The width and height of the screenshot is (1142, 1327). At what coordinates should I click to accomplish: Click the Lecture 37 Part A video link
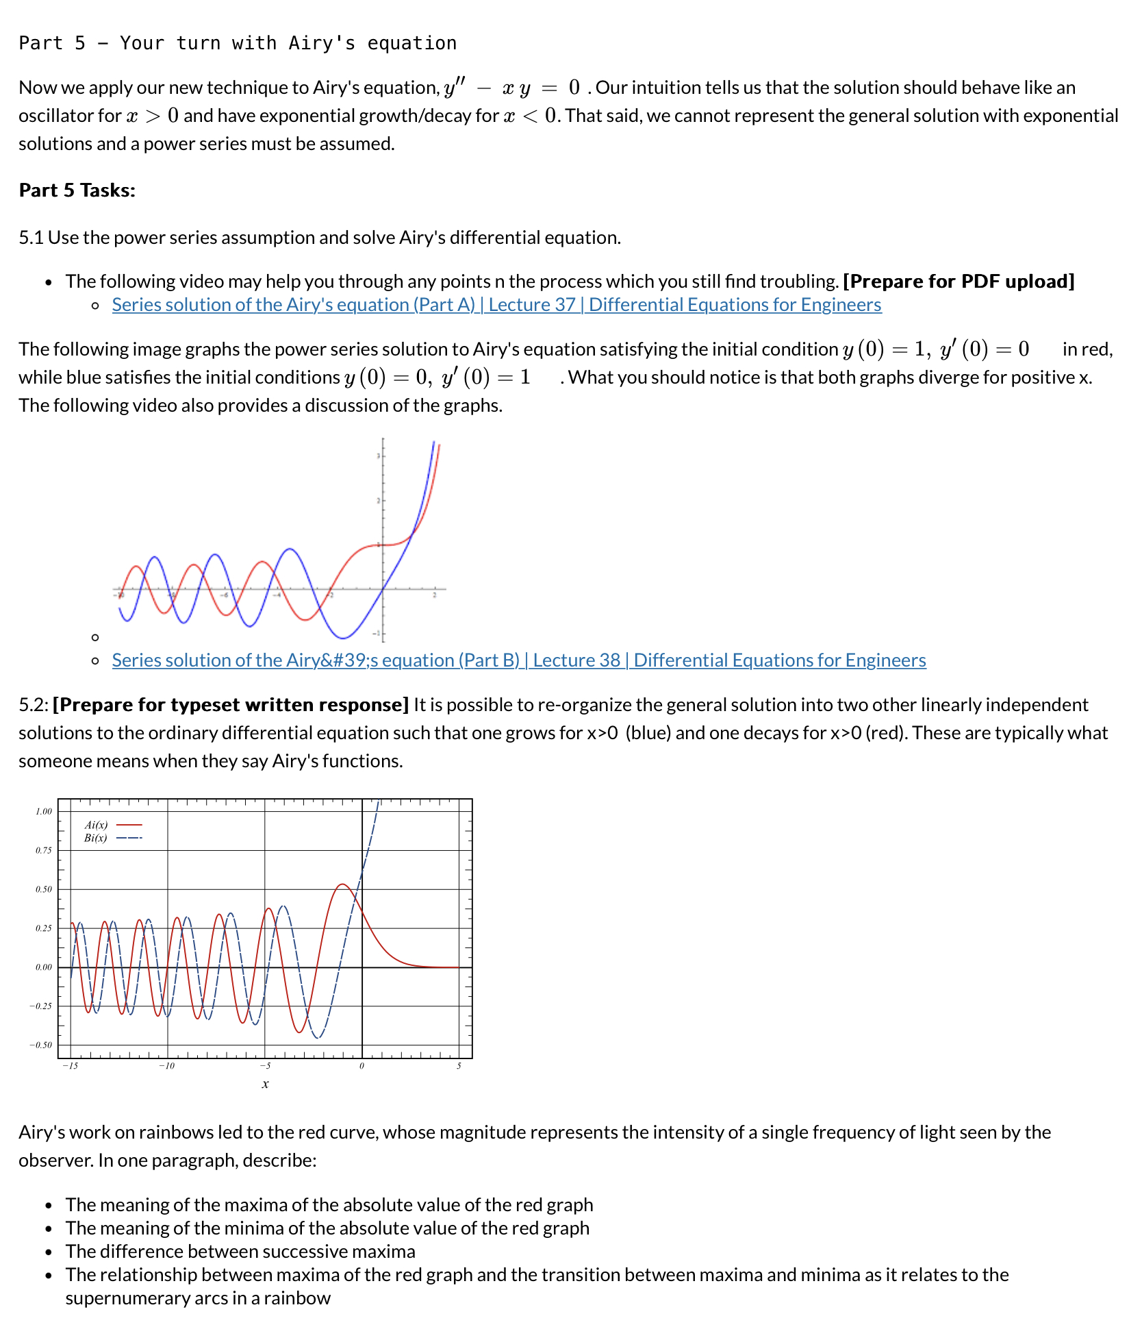click(x=496, y=305)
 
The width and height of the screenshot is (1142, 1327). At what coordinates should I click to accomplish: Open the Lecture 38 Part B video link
click(x=518, y=660)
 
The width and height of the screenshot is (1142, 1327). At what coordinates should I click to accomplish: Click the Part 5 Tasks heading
click(x=77, y=190)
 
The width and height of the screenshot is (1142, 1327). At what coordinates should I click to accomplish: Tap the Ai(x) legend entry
click(x=96, y=825)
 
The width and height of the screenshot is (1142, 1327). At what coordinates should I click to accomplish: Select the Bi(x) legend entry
click(x=96, y=838)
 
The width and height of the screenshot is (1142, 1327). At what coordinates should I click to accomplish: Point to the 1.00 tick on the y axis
click(x=43, y=811)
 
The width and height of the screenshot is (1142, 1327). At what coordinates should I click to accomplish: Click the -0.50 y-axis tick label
click(x=40, y=1045)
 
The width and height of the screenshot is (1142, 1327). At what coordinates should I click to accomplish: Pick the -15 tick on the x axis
click(x=70, y=1066)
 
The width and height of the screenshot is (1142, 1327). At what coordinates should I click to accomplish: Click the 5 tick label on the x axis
click(x=459, y=1066)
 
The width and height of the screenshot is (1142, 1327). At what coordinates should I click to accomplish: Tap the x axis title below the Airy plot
click(x=265, y=1084)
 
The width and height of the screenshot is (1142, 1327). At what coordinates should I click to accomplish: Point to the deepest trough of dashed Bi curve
click(x=318, y=1039)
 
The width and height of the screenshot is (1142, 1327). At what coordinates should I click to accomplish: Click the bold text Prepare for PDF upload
click(x=959, y=282)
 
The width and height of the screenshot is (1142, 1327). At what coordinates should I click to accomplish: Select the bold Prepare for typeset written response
click(x=231, y=705)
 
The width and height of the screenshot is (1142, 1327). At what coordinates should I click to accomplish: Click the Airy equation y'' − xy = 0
click(x=511, y=88)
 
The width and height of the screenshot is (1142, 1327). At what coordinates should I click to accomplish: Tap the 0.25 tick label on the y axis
click(x=43, y=928)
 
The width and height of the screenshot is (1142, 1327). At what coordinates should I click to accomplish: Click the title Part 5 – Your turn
click(x=238, y=43)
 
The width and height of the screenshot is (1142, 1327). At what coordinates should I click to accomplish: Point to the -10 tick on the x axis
click(x=166, y=1066)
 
